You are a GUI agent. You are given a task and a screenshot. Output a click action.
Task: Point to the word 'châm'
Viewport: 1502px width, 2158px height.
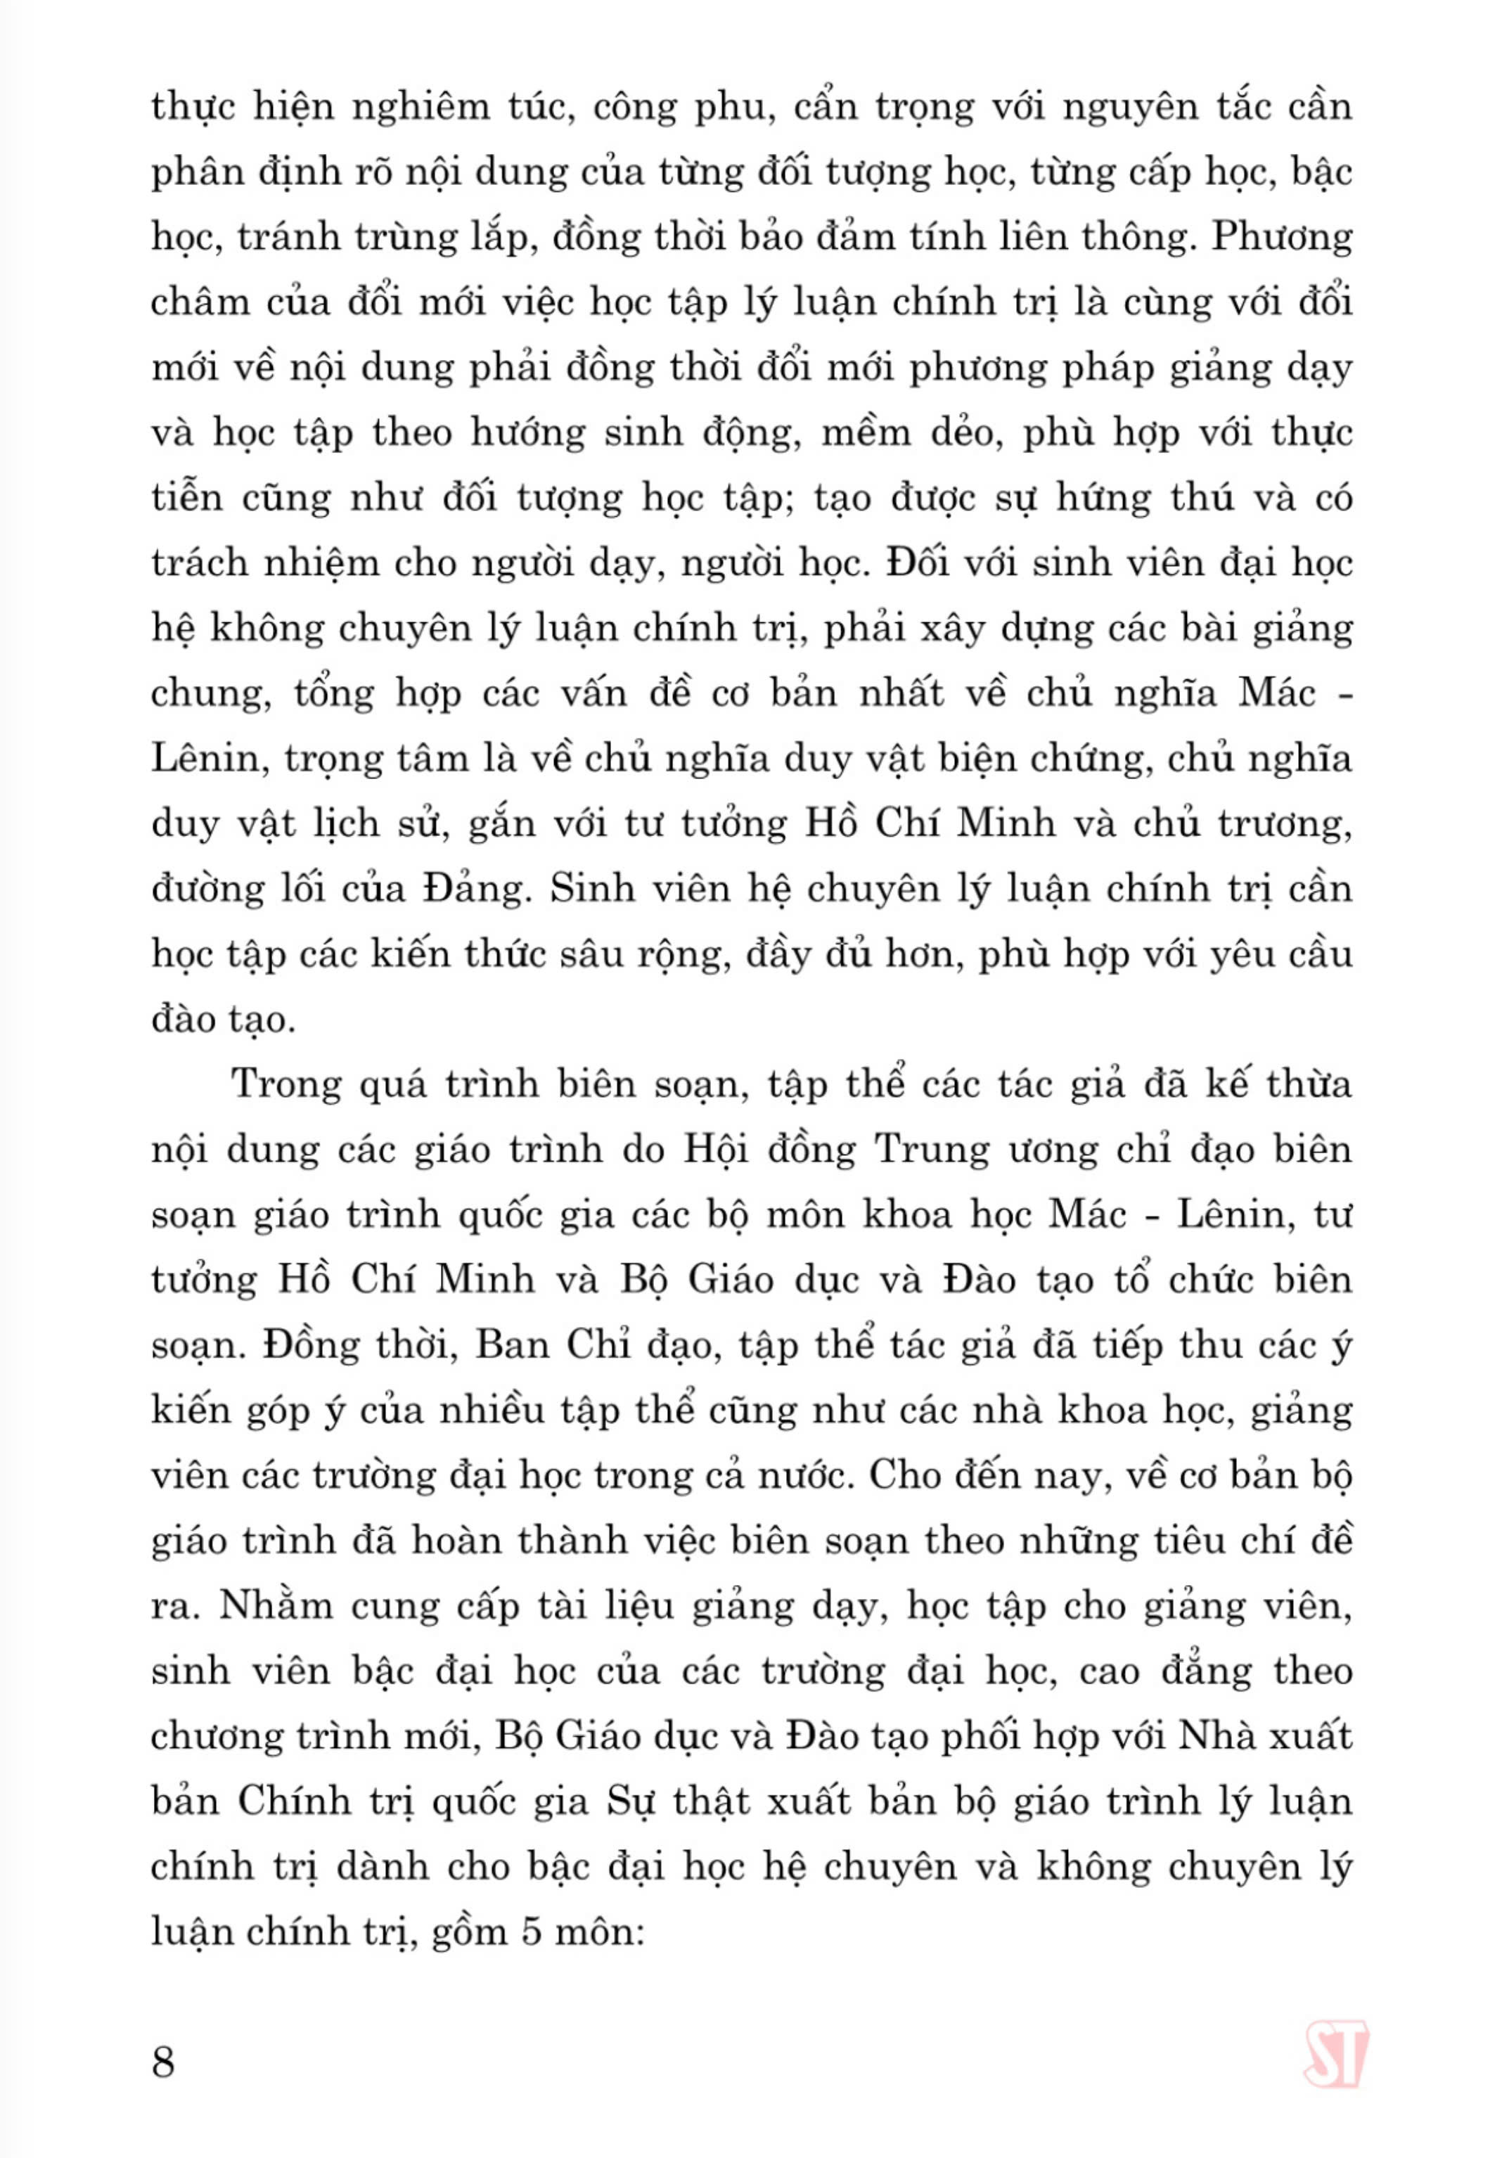click(x=200, y=302)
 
